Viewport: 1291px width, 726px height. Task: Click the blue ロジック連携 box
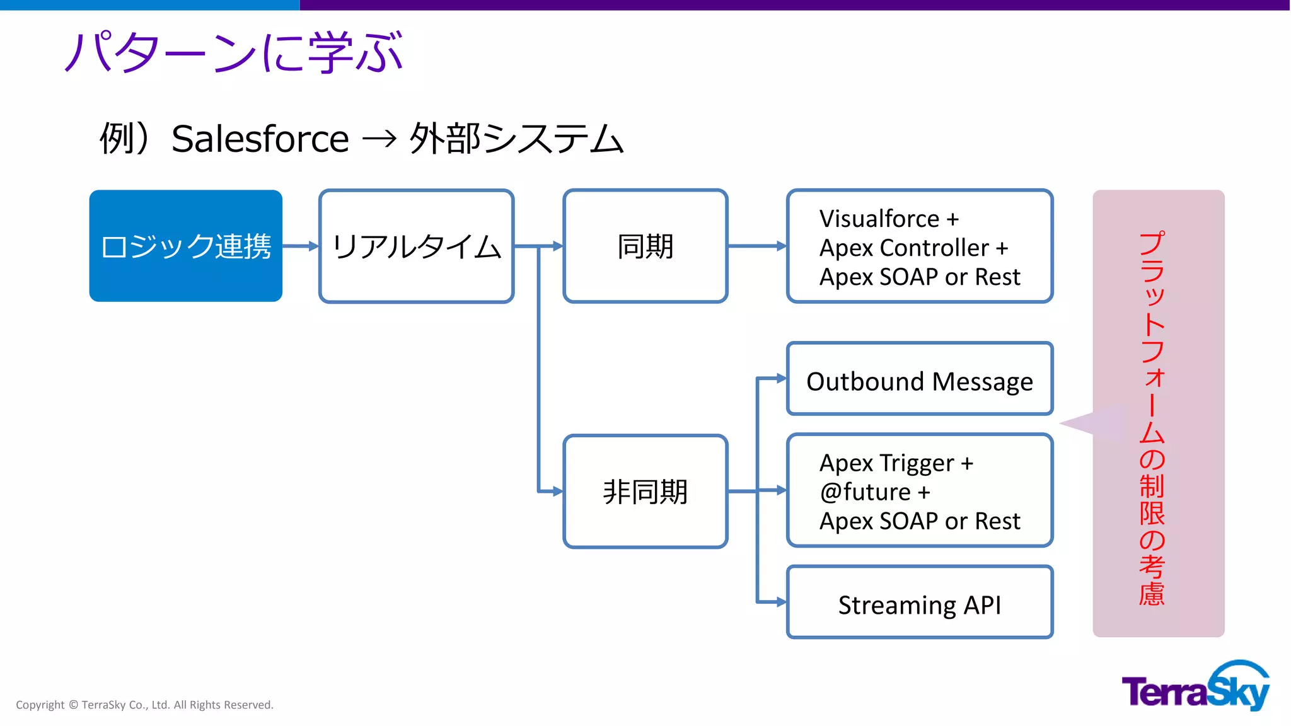(185, 246)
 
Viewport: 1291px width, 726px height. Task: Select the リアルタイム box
(416, 246)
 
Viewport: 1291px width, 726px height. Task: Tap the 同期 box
(645, 246)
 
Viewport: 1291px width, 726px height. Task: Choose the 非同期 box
(645, 491)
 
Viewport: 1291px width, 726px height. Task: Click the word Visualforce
(879, 219)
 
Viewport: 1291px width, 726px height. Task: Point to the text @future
(865, 492)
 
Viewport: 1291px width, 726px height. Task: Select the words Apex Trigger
(886, 463)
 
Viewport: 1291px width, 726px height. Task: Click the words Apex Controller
(904, 248)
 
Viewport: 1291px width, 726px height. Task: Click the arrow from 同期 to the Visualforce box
(756, 246)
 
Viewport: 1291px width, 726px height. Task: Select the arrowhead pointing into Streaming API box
(781, 602)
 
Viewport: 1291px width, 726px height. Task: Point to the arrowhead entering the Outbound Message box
(781, 378)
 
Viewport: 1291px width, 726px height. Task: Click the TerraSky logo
(1195, 687)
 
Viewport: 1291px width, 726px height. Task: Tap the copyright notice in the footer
(144, 705)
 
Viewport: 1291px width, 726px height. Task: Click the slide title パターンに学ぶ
(233, 52)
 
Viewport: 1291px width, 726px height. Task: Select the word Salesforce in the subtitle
(260, 139)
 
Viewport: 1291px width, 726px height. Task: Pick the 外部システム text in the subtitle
(516, 139)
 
